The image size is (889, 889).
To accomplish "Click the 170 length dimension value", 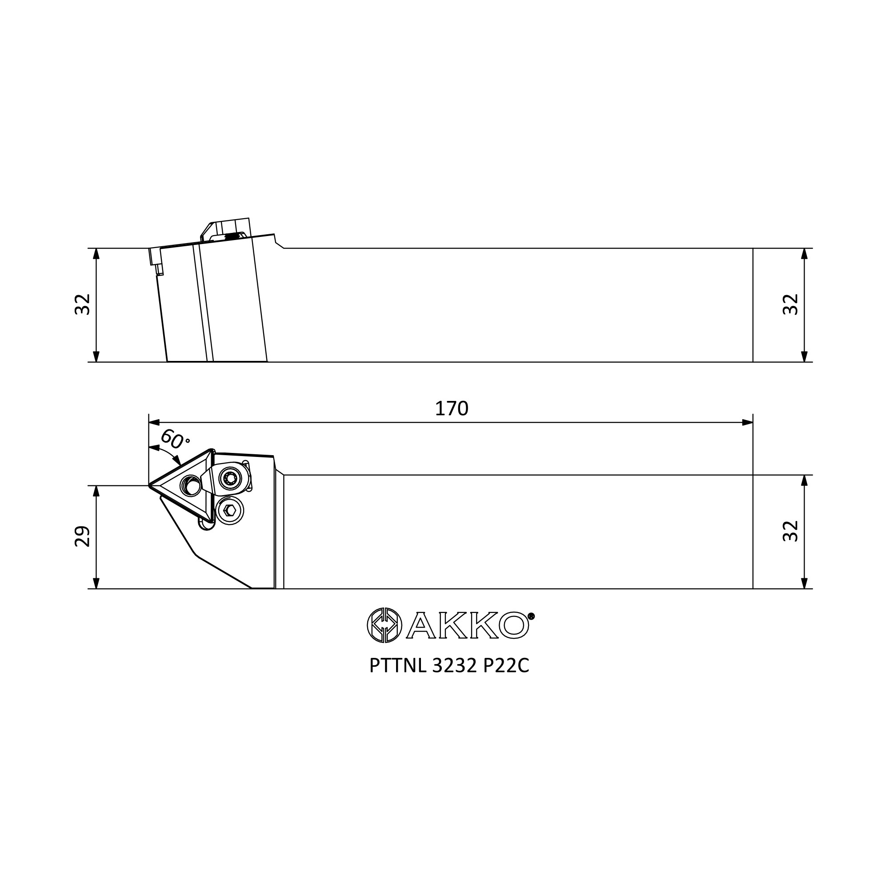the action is click(x=452, y=408).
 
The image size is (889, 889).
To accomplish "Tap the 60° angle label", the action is click(x=174, y=440).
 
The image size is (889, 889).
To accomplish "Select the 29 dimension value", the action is click(x=82, y=536).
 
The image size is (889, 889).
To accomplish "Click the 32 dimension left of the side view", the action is click(x=82, y=304).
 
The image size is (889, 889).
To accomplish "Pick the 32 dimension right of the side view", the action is click(x=790, y=304).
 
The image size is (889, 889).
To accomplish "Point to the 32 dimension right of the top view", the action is click(x=790, y=531).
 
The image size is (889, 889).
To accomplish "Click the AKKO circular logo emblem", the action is click(x=384, y=625).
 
